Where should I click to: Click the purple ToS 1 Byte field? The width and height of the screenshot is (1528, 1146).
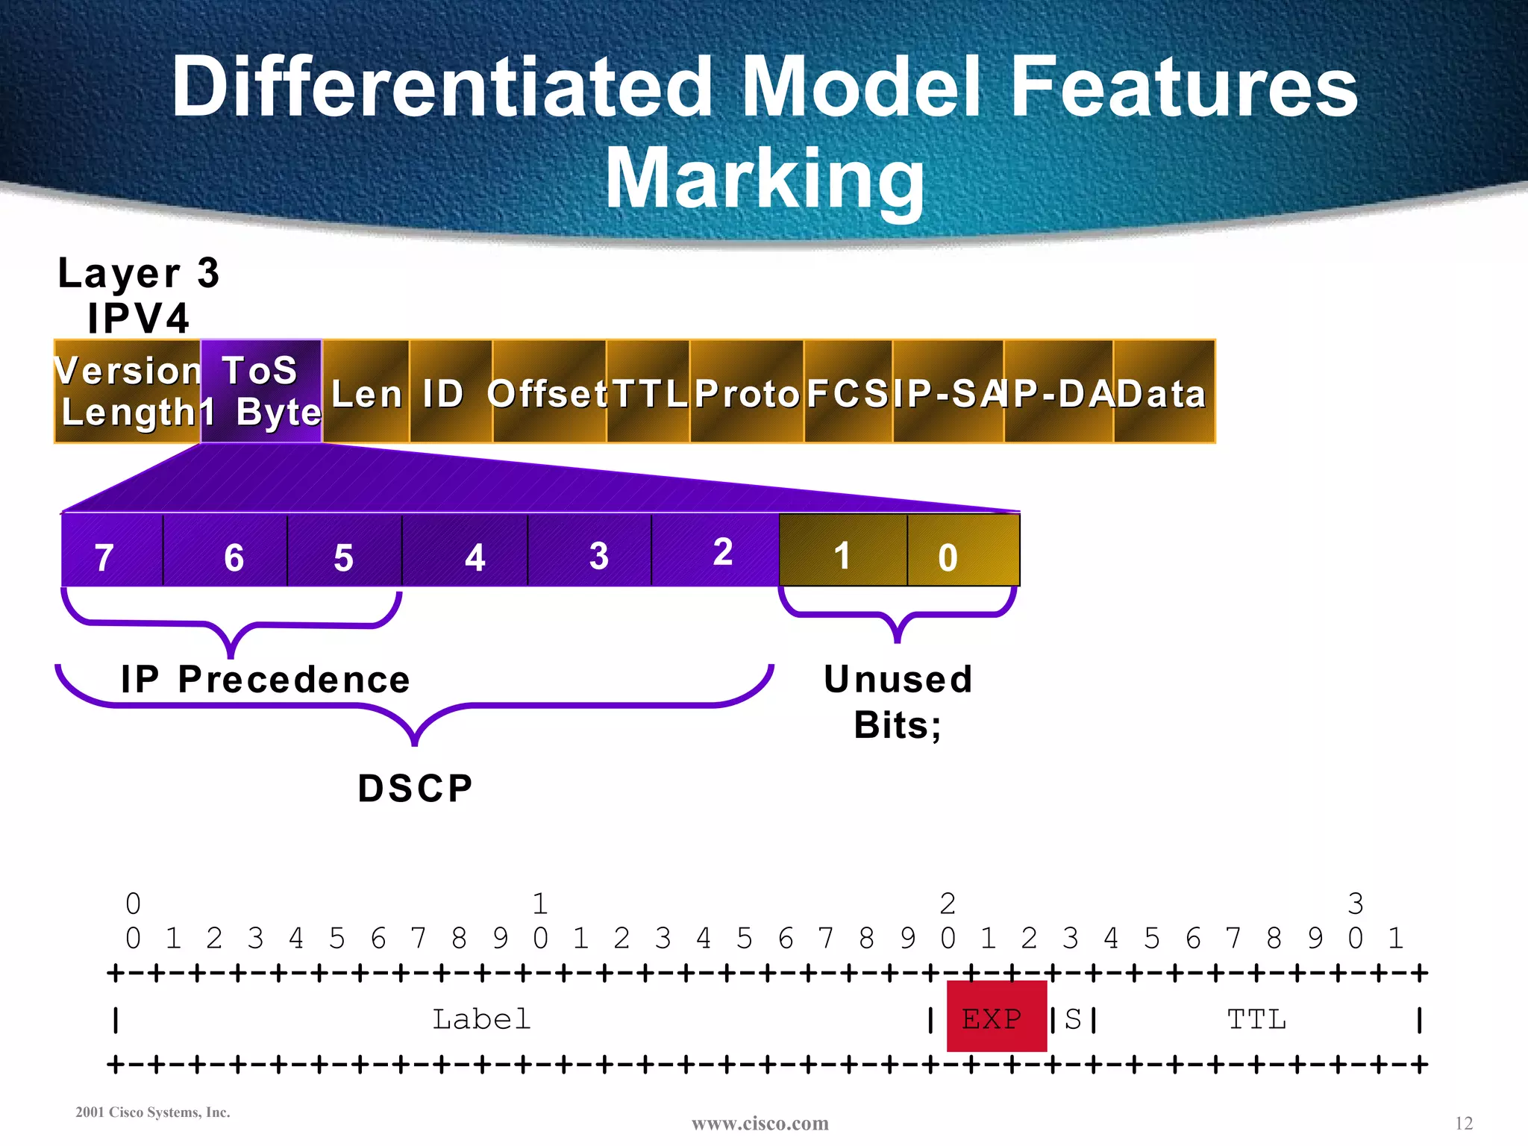(x=261, y=391)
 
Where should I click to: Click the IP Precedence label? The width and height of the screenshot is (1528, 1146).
(x=266, y=679)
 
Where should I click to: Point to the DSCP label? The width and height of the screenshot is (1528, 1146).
(x=415, y=788)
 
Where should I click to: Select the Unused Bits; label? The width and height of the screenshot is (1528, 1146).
(x=898, y=701)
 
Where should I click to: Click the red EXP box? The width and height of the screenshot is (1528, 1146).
(x=995, y=1017)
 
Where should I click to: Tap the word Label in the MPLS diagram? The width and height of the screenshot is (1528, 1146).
(x=482, y=1019)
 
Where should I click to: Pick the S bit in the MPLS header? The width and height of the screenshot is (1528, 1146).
(x=1073, y=1019)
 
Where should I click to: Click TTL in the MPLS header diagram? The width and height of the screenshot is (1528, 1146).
(x=1256, y=1019)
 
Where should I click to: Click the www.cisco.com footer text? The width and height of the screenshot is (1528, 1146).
(x=760, y=1123)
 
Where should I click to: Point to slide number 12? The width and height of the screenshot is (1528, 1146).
(x=1463, y=1123)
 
